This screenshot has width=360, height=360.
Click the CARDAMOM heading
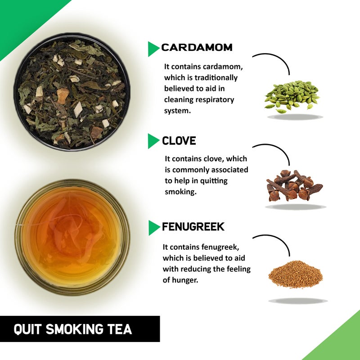tap(197, 48)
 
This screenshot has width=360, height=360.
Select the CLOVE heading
tap(179, 141)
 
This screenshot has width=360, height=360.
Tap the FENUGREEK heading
tap(193, 227)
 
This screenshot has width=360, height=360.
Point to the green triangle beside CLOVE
tap(153, 141)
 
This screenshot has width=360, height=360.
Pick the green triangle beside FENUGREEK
tap(153, 228)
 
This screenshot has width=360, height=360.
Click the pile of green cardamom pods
tap(292, 96)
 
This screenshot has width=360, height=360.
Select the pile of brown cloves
tap(294, 185)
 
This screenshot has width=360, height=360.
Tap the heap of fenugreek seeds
tap(295, 275)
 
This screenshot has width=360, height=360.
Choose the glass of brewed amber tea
tap(72, 237)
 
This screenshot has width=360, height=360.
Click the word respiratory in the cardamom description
tap(213, 99)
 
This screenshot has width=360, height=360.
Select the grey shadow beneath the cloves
tap(295, 207)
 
